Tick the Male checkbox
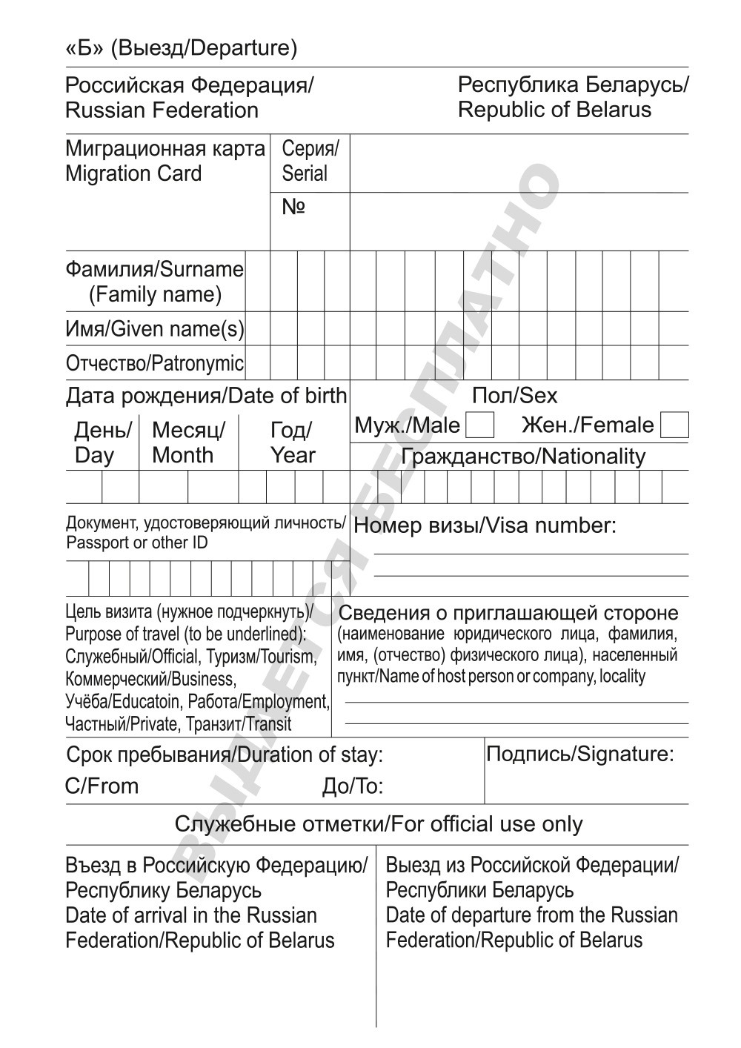pyautogui.click(x=479, y=426)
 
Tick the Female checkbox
pyautogui.click(x=674, y=426)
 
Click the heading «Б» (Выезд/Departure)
pyautogui.click(x=182, y=48)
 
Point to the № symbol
pyautogui.click(x=293, y=207)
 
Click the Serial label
pyautogui.click(x=305, y=173)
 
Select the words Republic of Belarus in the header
pyautogui.click(x=554, y=110)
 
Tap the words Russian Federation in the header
pyautogui.click(x=162, y=110)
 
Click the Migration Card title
pyautogui.click(x=133, y=173)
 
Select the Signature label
pyautogui.click(x=579, y=755)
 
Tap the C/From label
pyautogui.click(x=102, y=786)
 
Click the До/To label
pyautogui.click(x=353, y=786)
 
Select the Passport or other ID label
pyautogui.click(x=137, y=543)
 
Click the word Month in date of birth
pyautogui.click(x=182, y=455)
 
